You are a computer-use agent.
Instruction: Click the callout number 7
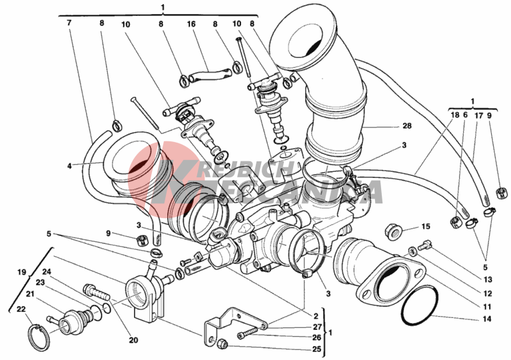coord(69,23)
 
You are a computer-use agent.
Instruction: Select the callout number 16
coord(191,23)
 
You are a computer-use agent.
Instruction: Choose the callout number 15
coord(426,226)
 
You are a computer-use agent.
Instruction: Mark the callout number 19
coord(21,272)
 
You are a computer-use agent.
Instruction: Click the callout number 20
coord(133,340)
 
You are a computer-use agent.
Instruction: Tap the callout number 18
coord(455,115)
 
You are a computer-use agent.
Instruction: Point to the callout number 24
coord(47,271)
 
